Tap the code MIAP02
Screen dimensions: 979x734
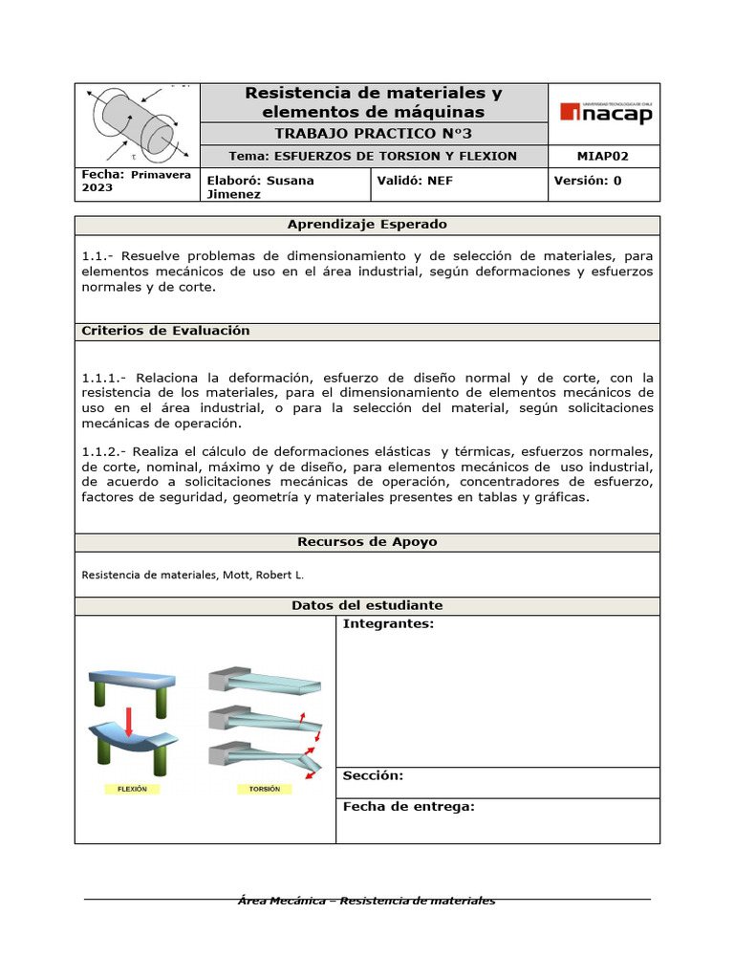click(x=604, y=156)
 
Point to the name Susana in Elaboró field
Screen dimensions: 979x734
click(x=291, y=180)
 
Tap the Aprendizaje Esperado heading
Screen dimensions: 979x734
click(x=367, y=225)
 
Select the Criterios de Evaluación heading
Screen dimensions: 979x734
click(x=166, y=331)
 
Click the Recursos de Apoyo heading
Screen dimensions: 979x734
click(x=367, y=542)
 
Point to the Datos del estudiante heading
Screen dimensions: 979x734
click(x=367, y=605)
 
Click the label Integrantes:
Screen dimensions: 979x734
click(x=388, y=624)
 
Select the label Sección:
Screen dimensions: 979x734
click(x=373, y=775)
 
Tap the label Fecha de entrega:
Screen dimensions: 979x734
click(x=408, y=807)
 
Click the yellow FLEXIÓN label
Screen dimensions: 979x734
click(x=132, y=790)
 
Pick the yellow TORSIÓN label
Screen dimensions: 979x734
click(x=264, y=790)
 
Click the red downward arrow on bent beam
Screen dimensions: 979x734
click(x=129, y=720)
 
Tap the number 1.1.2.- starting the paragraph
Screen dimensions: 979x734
click(x=104, y=451)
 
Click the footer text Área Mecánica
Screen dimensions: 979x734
click(x=285, y=901)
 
